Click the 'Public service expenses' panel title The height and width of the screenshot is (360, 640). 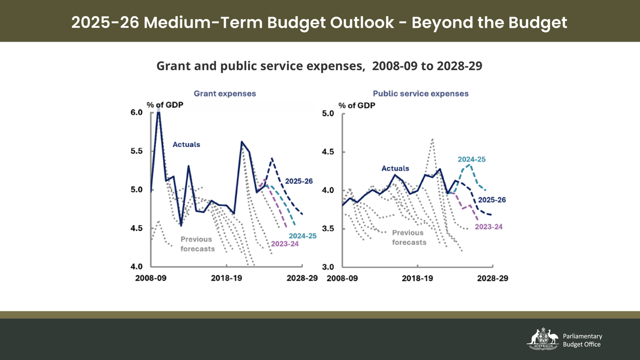[x=421, y=93]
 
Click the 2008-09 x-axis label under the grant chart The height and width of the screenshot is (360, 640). [x=151, y=278]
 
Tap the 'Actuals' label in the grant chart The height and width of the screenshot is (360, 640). [x=186, y=144]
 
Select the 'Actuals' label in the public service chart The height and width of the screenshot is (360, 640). [x=395, y=169]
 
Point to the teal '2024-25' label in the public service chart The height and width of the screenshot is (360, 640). [x=471, y=159]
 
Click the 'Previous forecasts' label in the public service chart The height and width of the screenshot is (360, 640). [x=409, y=237]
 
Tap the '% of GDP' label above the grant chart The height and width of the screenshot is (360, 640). [x=165, y=105]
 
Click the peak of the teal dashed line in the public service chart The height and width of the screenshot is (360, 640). [x=469, y=165]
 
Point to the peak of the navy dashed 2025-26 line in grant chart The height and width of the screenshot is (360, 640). [x=272, y=158]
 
